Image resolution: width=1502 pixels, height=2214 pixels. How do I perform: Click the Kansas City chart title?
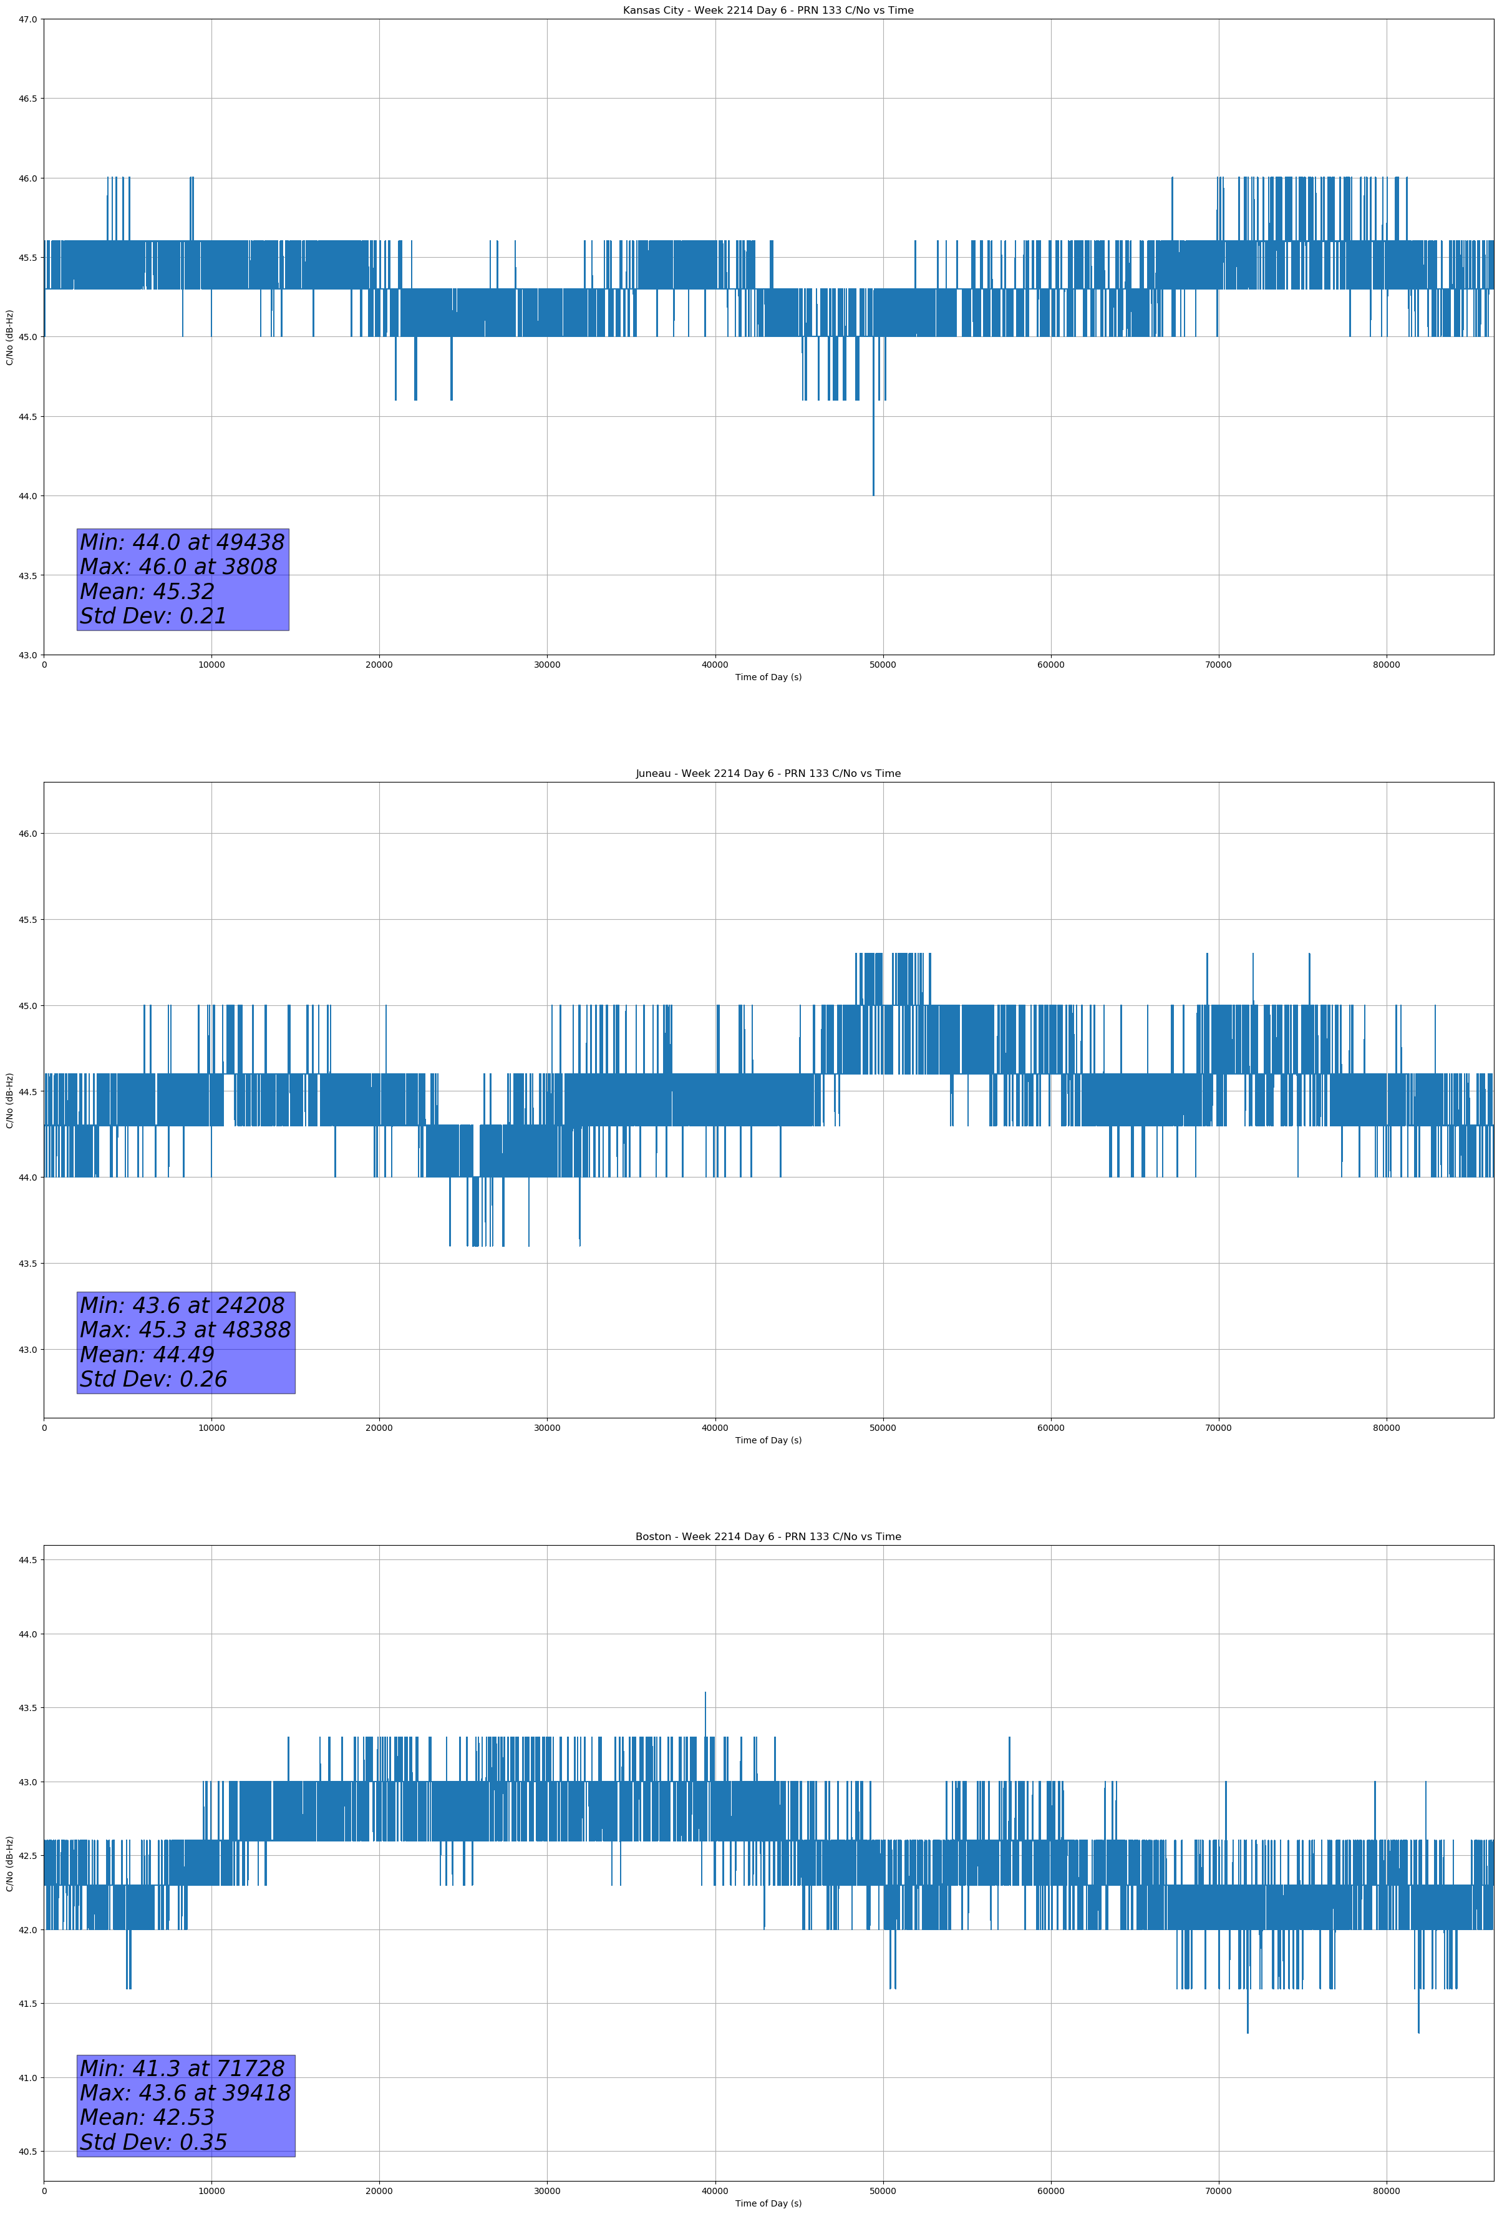768,11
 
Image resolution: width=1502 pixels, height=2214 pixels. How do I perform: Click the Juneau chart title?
768,774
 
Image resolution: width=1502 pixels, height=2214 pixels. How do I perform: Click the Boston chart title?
768,1537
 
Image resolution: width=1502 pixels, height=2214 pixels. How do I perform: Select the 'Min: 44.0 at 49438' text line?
182,542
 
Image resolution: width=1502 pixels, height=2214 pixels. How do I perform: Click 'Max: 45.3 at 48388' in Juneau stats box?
185,1330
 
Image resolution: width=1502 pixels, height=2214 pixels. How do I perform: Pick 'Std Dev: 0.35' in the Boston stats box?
153,2142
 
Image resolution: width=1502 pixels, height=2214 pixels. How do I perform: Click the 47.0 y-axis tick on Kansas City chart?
27,19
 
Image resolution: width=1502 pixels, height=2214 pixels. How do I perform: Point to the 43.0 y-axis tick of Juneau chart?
27,1350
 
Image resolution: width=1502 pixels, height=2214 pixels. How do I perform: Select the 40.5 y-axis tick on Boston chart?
27,2152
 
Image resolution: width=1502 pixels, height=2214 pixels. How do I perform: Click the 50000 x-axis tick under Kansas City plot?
883,665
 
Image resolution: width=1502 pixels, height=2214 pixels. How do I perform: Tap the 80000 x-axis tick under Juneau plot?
1386,1428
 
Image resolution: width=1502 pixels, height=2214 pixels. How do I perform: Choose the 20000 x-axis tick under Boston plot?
379,2191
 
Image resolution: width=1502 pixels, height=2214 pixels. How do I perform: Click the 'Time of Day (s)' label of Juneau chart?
768,1440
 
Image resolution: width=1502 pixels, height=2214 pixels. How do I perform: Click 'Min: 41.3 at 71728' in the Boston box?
182,2068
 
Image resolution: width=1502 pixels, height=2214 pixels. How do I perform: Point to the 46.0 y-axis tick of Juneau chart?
27,834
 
